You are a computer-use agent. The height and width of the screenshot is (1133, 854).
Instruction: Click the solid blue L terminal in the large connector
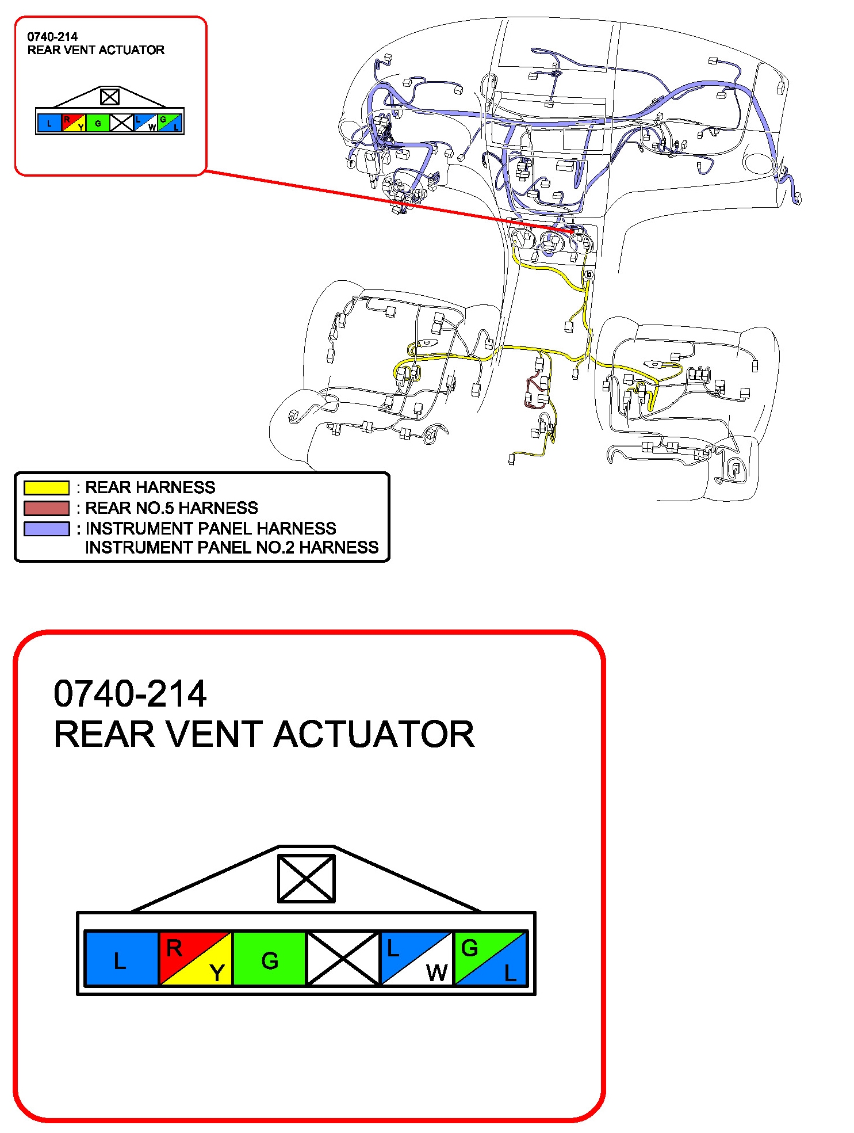(x=121, y=959)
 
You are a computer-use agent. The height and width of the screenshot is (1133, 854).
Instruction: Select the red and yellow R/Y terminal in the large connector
(x=196, y=959)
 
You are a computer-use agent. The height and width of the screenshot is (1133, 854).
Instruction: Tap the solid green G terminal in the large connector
(x=269, y=959)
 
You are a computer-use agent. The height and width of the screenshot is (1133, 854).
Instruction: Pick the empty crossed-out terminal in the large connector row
(x=343, y=959)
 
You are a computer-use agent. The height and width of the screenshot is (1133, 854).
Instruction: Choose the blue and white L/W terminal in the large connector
(x=416, y=959)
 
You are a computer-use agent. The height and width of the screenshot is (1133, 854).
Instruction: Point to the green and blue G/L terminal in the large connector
(x=490, y=959)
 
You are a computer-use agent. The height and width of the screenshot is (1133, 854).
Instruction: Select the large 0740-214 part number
(x=130, y=693)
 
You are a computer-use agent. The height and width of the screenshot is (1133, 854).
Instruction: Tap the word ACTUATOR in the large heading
(x=374, y=735)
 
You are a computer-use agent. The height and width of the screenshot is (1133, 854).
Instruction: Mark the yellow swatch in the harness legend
(x=47, y=488)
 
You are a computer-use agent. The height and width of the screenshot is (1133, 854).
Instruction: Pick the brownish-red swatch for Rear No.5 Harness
(x=47, y=508)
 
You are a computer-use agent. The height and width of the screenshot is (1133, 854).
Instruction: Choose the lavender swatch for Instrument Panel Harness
(x=47, y=528)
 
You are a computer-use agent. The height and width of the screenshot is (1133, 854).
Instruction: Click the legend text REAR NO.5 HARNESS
(x=171, y=508)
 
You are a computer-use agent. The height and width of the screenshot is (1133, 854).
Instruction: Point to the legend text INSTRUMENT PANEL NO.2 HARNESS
(x=232, y=547)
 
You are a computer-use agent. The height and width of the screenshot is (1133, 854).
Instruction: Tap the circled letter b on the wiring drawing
(x=588, y=275)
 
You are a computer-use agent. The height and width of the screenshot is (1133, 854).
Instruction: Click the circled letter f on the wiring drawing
(x=351, y=164)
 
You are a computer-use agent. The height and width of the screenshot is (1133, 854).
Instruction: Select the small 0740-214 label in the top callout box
(x=52, y=37)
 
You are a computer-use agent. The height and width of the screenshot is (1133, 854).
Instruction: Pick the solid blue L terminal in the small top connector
(x=49, y=123)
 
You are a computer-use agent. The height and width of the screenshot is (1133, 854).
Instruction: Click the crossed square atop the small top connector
(x=109, y=97)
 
